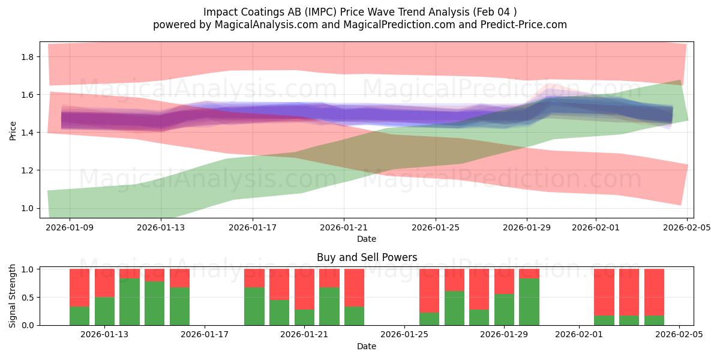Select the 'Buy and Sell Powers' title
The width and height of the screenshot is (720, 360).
pyautogui.click(x=367, y=257)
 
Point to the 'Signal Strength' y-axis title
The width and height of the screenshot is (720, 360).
pyautogui.click(x=13, y=296)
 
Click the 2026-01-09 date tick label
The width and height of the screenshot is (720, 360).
pyautogui.click(x=70, y=228)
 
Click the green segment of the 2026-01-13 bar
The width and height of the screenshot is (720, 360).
pyautogui.click(x=104, y=311)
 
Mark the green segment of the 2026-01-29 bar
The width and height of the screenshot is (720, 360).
pyautogui.click(x=504, y=310)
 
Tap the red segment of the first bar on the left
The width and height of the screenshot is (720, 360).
pyautogui.click(x=79, y=287)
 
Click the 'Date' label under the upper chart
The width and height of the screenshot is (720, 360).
pyautogui.click(x=367, y=239)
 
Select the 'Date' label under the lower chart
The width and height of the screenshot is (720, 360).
pyautogui.click(x=367, y=346)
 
